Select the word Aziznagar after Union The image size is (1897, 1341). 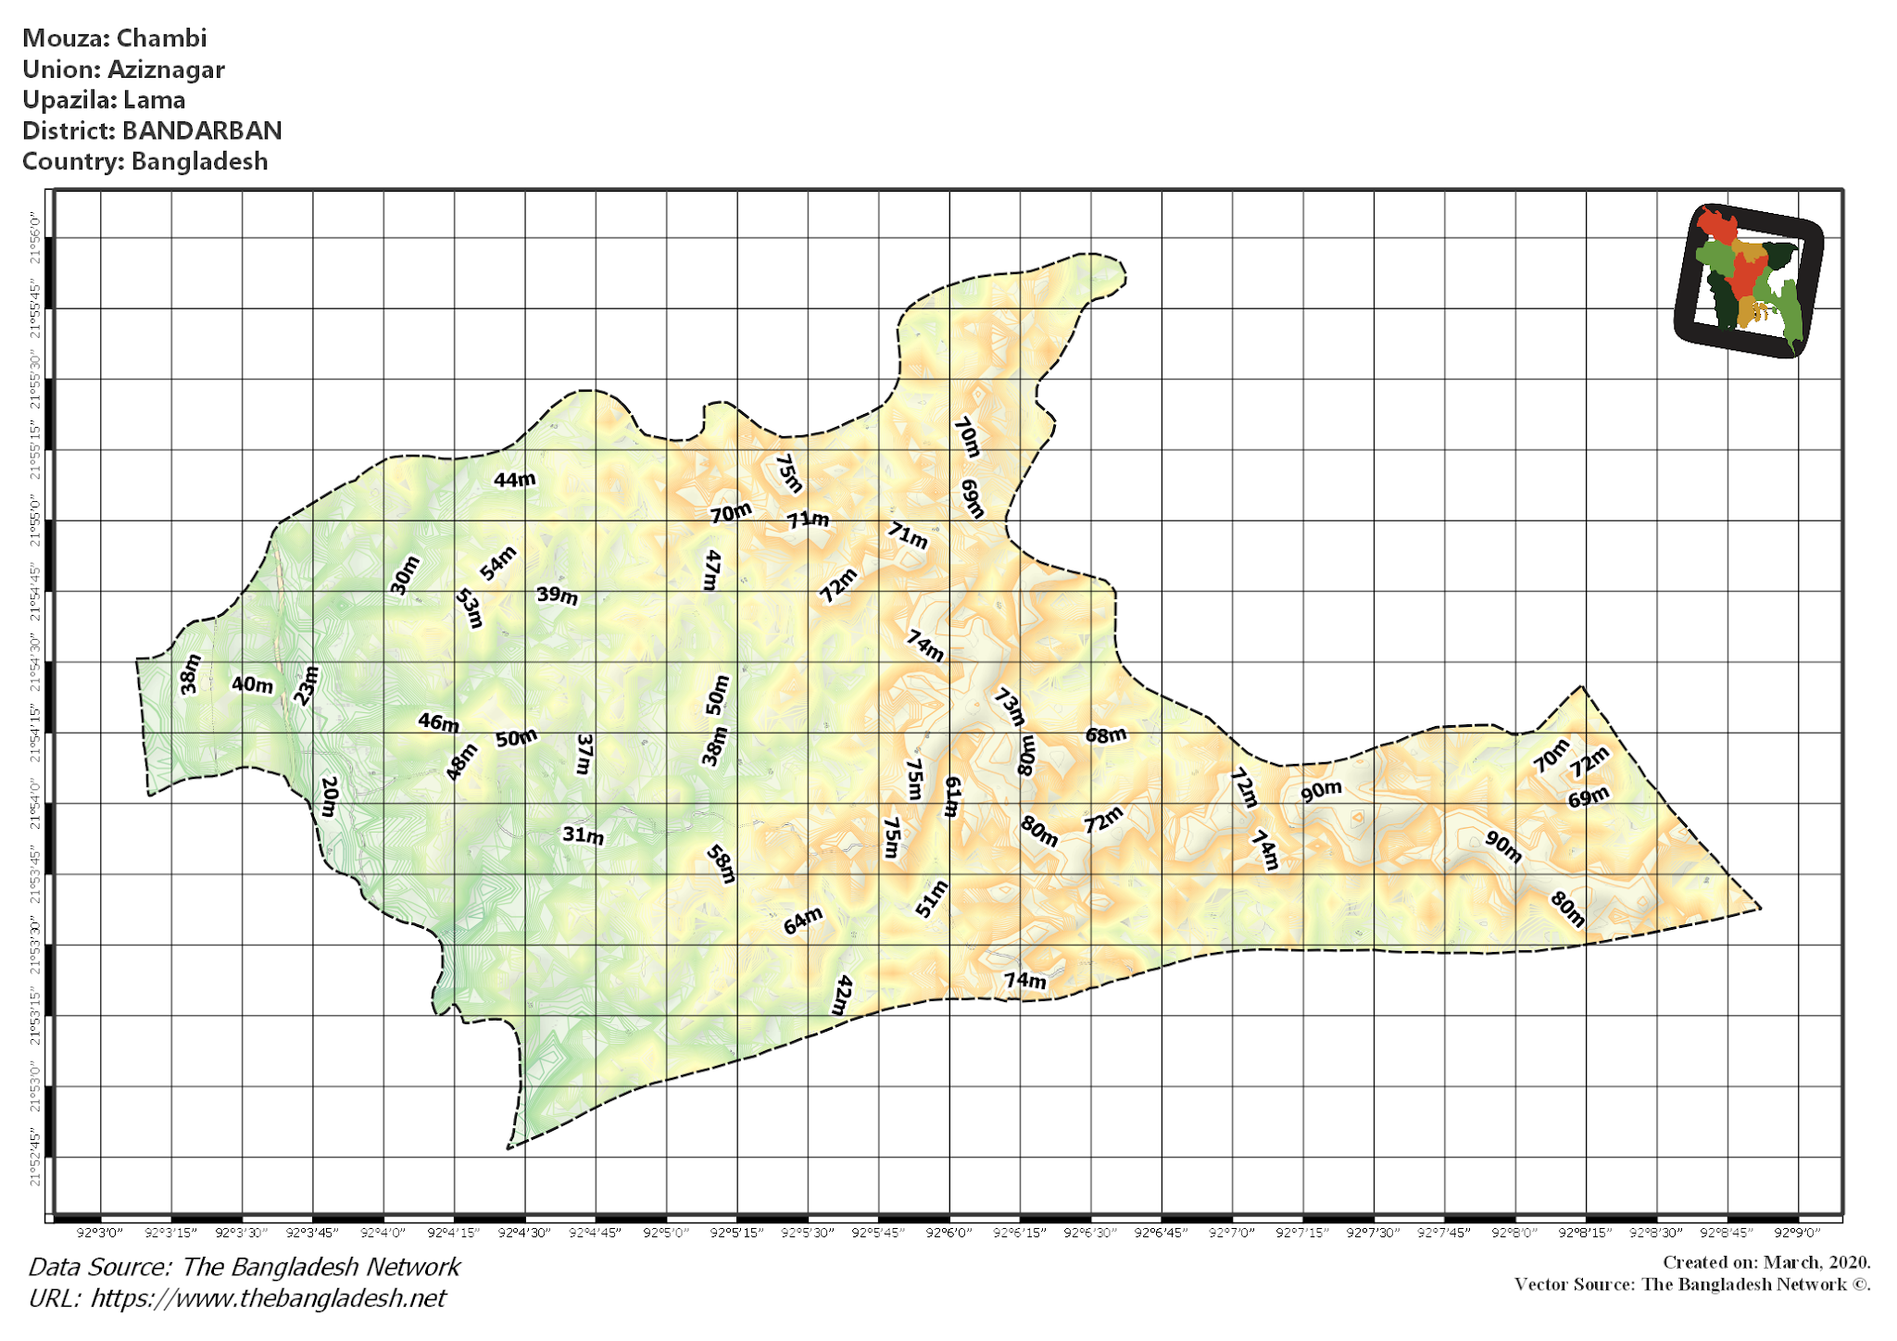tap(166, 69)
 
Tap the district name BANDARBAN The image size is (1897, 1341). tap(202, 131)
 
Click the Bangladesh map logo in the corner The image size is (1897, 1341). tap(1748, 281)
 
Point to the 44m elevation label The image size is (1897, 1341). tap(514, 480)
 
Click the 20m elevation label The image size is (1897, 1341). tap(329, 796)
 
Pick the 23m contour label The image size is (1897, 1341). tap(306, 686)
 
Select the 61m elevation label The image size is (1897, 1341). tap(951, 796)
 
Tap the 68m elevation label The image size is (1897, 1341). tap(1106, 735)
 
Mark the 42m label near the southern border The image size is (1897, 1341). tap(842, 996)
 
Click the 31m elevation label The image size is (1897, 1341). tap(583, 835)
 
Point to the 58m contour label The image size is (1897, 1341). tap(721, 864)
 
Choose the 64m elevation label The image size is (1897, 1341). tap(802, 921)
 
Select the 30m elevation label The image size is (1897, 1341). tap(405, 575)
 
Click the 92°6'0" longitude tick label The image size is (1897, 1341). tap(949, 1233)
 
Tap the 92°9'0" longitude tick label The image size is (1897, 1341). tap(1798, 1233)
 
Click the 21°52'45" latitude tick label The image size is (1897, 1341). tap(35, 1158)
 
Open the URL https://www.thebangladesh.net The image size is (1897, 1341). tap(268, 1298)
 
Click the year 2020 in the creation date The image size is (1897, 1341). tap(1849, 1262)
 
